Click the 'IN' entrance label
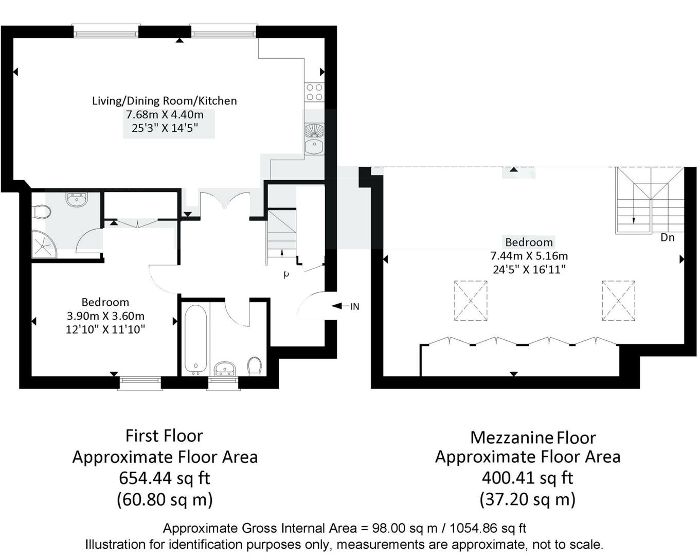(354, 306)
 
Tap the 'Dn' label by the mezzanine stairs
(667, 237)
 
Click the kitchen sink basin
(313, 147)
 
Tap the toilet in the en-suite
(41, 212)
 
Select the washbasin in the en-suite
(77, 199)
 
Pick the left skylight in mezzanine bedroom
(471, 301)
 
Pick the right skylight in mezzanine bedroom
(618, 301)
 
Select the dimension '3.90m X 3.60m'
(105, 316)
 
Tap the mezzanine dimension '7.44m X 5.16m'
(529, 256)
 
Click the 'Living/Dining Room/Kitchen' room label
(164, 101)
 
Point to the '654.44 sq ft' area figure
(165, 478)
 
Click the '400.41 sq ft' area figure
(527, 478)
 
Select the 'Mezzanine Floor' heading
(533, 438)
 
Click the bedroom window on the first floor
(140, 383)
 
